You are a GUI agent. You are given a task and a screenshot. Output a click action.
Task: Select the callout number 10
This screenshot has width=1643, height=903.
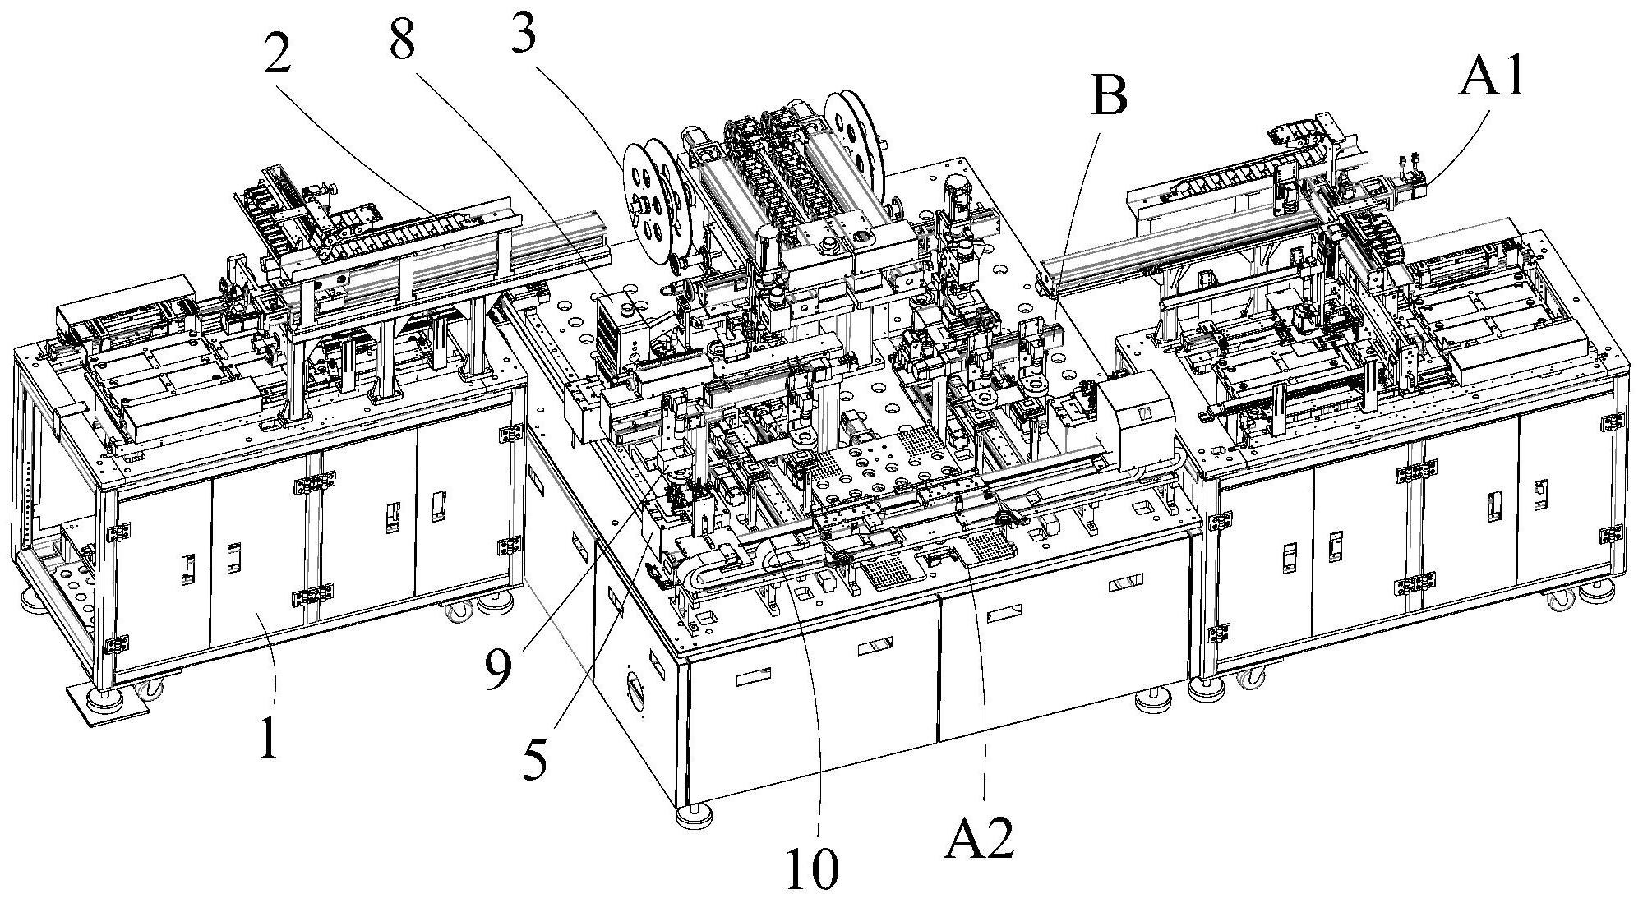(x=812, y=868)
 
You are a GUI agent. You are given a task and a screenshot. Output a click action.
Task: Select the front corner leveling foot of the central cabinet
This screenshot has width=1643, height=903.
(x=695, y=817)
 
